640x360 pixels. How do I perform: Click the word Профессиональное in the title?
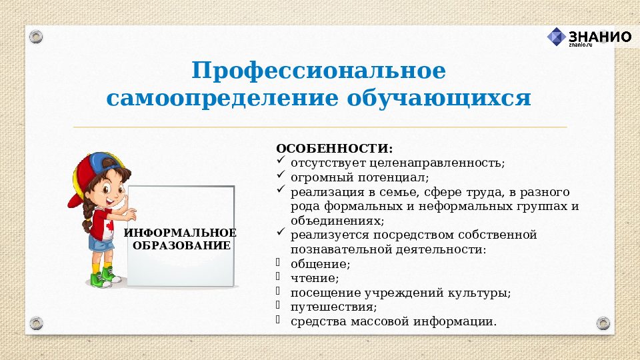[x=319, y=71]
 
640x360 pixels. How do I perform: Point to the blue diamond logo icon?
[x=556, y=37]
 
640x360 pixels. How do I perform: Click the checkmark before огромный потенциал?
[x=281, y=176]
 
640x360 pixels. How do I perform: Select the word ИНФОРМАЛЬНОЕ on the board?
[x=180, y=233]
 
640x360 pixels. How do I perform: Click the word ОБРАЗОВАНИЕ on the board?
[x=181, y=245]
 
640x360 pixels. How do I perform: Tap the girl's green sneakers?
[x=103, y=276]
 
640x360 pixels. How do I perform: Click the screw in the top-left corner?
[x=36, y=35]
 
